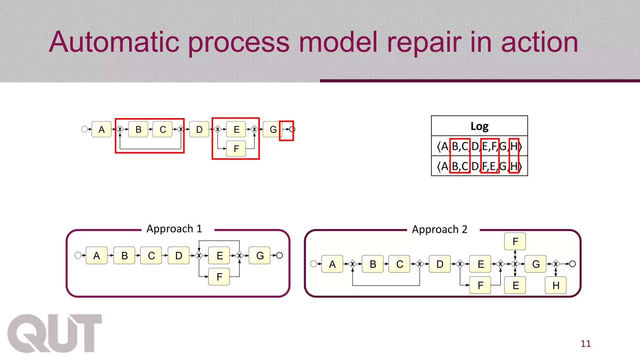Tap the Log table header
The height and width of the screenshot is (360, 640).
pos(479,126)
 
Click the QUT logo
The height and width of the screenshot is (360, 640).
pos(55,333)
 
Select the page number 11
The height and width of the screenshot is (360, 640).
pos(585,344)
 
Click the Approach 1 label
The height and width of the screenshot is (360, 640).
pos(174,229)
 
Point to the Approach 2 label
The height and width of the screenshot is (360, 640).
pos(439,229)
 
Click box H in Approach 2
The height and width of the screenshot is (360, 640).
pos(555,285)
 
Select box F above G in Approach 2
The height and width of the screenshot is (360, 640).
pos(515,241)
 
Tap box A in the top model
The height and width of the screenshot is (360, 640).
pos(102,129)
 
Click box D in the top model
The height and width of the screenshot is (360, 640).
pos(199,129)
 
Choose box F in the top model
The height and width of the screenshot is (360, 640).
pos(236,149)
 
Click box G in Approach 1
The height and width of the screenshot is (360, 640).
pos(260,256)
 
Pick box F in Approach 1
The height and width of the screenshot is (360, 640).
pos(219,277)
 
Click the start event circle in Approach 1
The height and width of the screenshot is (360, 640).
pos(78,256)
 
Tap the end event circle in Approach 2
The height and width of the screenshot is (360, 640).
pos(572,264)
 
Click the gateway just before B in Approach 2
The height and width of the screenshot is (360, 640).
pos(352,264)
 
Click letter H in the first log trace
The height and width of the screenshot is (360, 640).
pos(514,146)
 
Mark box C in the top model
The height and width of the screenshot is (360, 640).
pos(162,129)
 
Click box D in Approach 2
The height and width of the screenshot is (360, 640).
pos(440,264)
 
